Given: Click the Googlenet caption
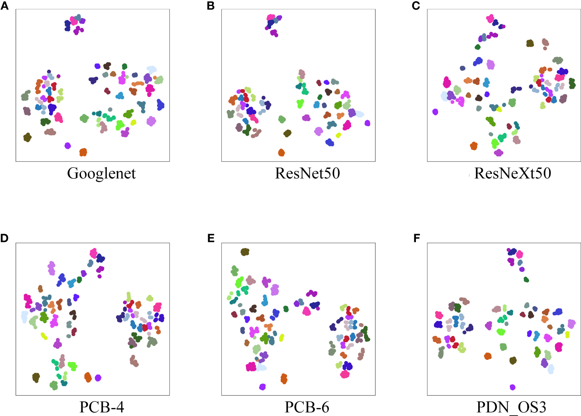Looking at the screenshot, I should (x=101, y=174).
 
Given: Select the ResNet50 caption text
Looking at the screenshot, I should (x=307, y=174).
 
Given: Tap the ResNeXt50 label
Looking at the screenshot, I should (x=513, y=174).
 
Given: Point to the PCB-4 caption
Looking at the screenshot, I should (x=102, y=407).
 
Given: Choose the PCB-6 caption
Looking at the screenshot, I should (x=307, y=407).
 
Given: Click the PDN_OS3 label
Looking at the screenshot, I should (x=511, y=407).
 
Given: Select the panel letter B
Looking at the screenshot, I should (x=211, y=6).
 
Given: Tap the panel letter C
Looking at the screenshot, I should (x=416, y=6).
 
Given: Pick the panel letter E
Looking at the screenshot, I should (x=211, y=238).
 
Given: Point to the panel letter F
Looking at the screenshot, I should (x=417, y=238).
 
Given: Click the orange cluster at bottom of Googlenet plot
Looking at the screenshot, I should (x=83, y=152).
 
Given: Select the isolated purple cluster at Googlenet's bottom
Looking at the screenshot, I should (x=68, y=146).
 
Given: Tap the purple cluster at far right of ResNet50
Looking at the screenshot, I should (x=367, y=123).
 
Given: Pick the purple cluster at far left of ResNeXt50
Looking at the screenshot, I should (x=435, y=112).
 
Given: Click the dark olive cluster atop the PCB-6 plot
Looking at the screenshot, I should (x=245, y=252).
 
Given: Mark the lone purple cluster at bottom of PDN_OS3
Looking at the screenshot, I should (x=512, y=387).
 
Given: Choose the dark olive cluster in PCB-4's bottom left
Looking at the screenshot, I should (x=36, y=377).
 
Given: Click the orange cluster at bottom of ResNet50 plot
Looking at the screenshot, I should (x=281, y=152).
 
